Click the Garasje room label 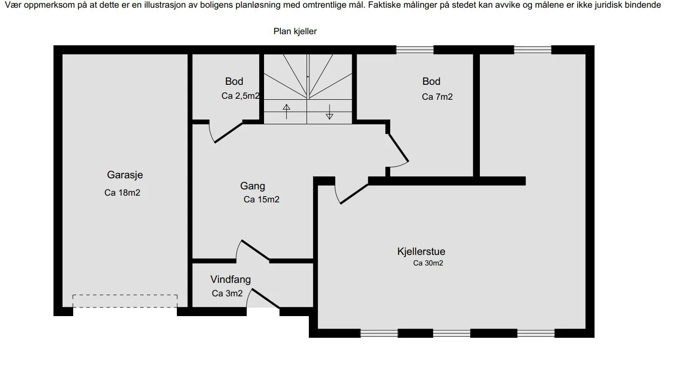coord(125,175)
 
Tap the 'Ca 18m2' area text coord(122,193)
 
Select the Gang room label coord(252,186)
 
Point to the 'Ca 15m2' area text coord(262,199)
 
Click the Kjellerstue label coord(421,252)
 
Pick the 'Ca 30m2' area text coord(428,263)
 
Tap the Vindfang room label coord(230,279)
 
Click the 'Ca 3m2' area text coord(227,293)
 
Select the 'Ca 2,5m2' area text coord(240,96)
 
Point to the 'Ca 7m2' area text coord(437,97)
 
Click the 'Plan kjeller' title coord(295,31)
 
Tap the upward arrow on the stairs coord(286,111)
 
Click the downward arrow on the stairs coord(330,112)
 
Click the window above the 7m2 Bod coord(415,50)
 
